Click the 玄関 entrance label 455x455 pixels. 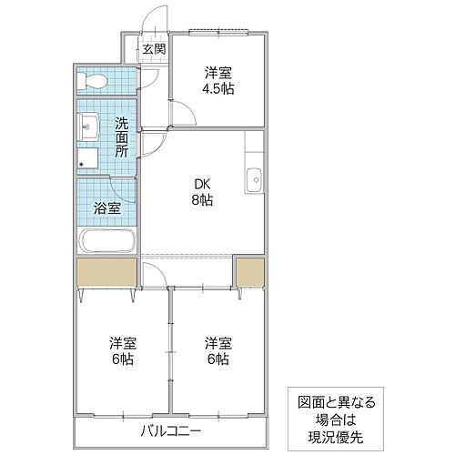153,49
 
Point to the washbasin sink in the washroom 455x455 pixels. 89,126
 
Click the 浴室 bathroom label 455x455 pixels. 107,207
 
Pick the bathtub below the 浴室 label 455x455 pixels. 107,242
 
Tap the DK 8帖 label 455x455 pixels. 202,192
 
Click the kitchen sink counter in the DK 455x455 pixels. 254,179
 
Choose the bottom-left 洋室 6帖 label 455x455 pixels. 122,350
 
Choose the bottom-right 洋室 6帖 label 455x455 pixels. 217,350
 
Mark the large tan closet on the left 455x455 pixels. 106,272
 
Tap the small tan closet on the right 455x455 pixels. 248,272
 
